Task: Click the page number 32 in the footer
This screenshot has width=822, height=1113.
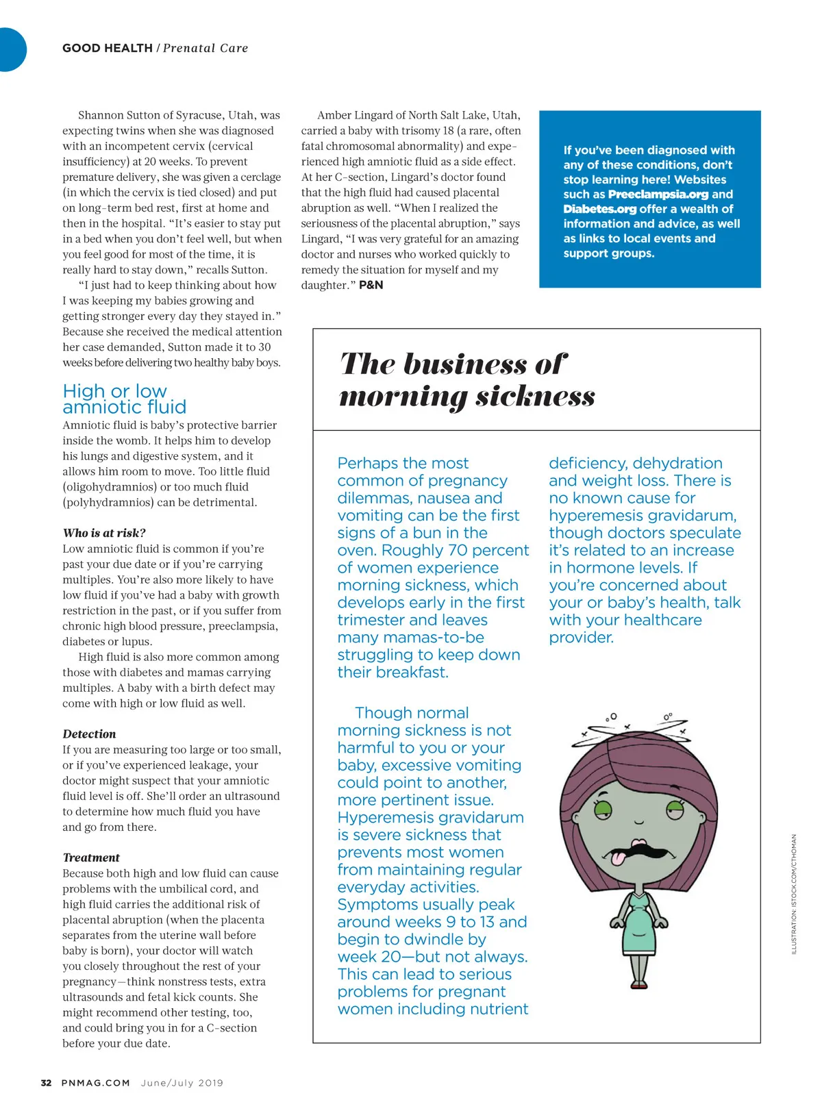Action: point(46,1083)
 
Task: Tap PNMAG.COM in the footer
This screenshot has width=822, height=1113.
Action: point(95,1083)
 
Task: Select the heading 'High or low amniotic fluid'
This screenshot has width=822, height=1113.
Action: point(124,399)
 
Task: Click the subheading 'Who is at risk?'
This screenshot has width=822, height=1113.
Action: point(104,533)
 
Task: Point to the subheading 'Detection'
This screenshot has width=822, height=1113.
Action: point(89,734)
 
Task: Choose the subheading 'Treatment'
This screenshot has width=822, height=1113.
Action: point(91,858)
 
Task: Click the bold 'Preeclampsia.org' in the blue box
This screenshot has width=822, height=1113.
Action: point(658,195)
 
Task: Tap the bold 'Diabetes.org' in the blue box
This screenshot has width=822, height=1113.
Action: point(599,209)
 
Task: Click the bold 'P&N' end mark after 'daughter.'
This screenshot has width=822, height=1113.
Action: point(371,285)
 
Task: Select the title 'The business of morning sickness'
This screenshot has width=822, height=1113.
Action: point(466,379)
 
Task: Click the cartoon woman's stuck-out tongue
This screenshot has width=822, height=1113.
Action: point(618,858)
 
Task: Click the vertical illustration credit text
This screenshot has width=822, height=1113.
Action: point(794,893)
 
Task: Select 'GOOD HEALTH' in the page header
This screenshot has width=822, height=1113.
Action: point(107,48)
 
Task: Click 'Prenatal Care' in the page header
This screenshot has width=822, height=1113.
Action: point(206,48)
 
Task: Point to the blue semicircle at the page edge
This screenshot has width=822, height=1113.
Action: point(12,49)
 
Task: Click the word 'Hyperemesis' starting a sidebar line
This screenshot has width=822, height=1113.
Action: point(385,818)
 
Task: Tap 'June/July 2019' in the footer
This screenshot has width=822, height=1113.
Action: point(182,1083)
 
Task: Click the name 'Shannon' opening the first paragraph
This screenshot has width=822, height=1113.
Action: point(101,115)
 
